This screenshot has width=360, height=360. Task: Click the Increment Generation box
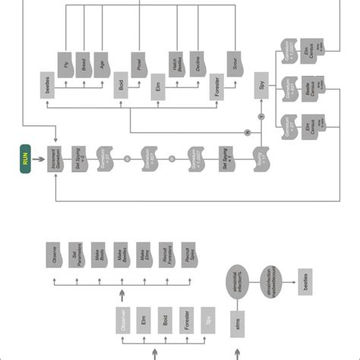[x=55, y=161]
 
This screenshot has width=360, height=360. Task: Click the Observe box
[x=55, y=256]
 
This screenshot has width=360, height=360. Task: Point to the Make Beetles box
[x=119, y=256]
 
